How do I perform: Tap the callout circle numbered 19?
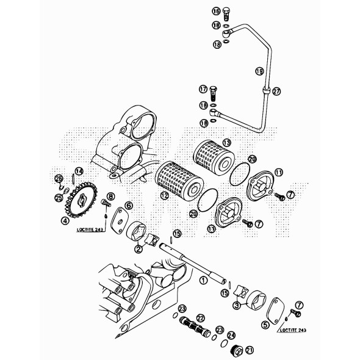coord(259,71)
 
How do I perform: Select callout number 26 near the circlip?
coord(59,178)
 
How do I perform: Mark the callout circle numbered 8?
coord(111,196)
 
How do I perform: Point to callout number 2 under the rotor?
coord(139,249)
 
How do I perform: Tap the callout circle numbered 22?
coord(200,318)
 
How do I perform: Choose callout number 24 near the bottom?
coord(231,335)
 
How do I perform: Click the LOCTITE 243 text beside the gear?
coord(92,231)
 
